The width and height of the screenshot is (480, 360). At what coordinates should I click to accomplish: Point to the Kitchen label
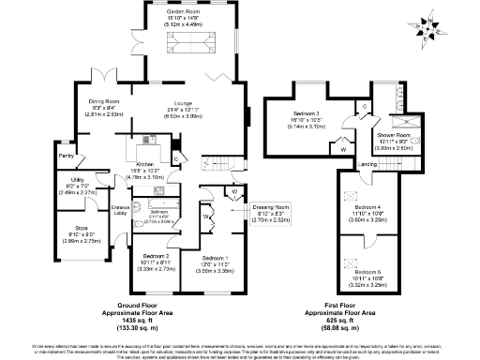tap(143, 165)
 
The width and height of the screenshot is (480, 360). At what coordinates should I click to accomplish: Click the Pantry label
tap(66, 156)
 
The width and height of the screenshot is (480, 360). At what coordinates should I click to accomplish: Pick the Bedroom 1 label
tap(218, 255)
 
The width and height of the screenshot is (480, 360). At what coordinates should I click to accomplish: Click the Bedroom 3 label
tap(307, 112)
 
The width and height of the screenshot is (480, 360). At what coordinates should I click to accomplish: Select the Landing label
tap(367, 164)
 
